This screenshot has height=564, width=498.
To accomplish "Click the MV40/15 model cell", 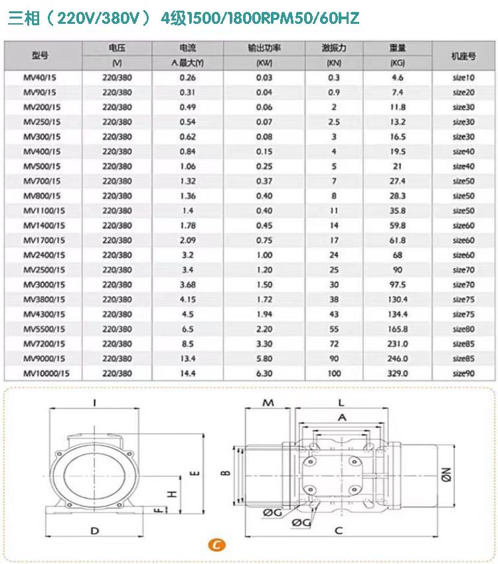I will [41, 78].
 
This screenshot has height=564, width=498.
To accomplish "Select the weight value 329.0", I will [398, 374].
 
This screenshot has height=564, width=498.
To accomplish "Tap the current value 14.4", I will [187, 374].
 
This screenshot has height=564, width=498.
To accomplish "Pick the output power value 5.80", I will [264, 359].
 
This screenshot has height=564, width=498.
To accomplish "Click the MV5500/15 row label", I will [45, 329].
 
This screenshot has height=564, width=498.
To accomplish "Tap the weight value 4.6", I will [398, 78].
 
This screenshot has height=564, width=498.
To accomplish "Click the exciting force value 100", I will [333, 374].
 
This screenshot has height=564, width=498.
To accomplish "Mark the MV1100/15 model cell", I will [45, 211].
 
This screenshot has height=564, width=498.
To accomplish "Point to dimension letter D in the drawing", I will [95, 530].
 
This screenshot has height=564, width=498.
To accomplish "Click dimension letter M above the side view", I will [268, 403].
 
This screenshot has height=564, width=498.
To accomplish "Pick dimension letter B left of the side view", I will [225, 472].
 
